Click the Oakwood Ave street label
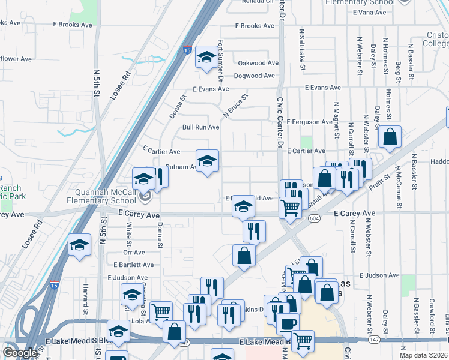pyautogui.click(x=258, y=63)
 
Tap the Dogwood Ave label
pyautogui.click(x=254, y=76)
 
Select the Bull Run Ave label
pyautogui.click(x=200, y=127)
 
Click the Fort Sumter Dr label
pyautogui.click(x=221, y=61)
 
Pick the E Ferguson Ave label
pyautogui.click(x=309, y=122)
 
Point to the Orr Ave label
pyautogui.click(x=134, y=253)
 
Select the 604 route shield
pyautogui.click(x=314, y=219)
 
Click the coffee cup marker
pyautogui.click(x=288, y=323)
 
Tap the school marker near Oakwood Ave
pyautogui.click(x=207, y=58)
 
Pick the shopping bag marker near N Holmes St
pyautogui.click(x=390, y=136)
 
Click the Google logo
pyautogui.click(x=20, y=353)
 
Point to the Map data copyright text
pyautogui.click(x=423, y=355)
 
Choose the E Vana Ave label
pyautogui.click(x=370, y=12)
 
